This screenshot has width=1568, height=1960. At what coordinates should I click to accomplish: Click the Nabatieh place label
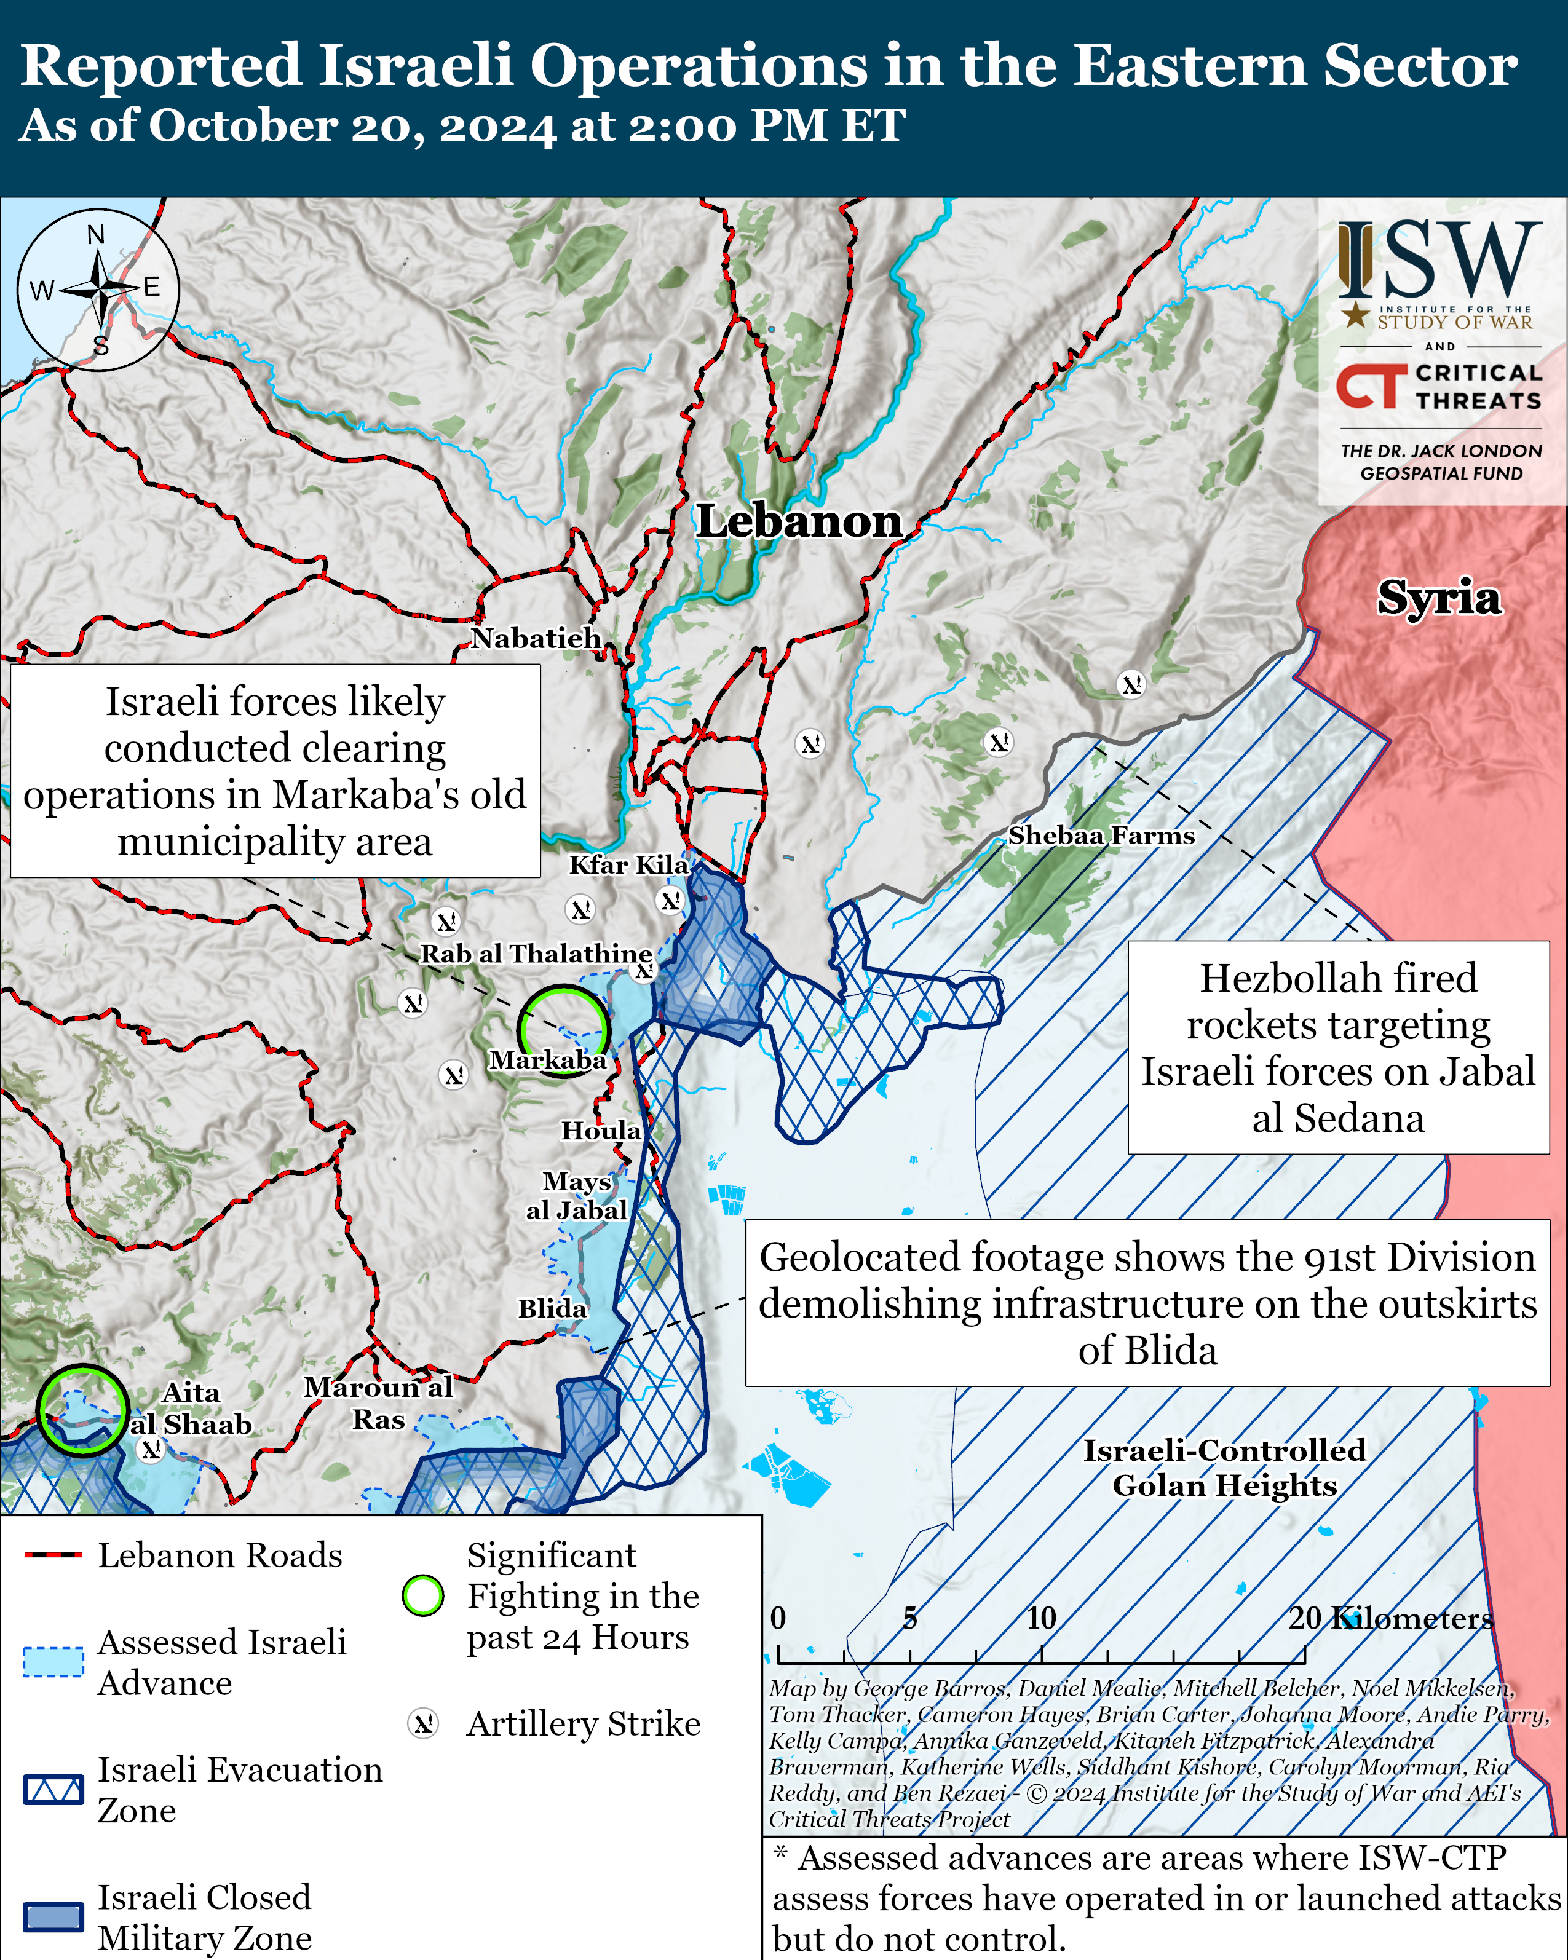pyautogui.click(x=536, y=638)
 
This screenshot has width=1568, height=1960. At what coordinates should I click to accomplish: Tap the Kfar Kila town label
pyautogui.click(x=628, y=864)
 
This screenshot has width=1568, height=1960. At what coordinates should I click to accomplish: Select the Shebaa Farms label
pyautogui.click(x=1101, y=836)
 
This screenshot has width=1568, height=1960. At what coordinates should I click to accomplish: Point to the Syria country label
pyautogui.click(x=1438, y=598)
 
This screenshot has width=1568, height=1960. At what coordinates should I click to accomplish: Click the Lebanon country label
pyautogui.click(x=799, y=522)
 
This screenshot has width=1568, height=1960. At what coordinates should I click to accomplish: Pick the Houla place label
pyautogui.click(x=600, y=1130)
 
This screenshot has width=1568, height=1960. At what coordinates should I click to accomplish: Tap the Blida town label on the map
pyautogui.click(x=552, y=1308)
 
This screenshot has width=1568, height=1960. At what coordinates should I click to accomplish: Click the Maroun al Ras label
pyautogui.click(x=378, y=1403)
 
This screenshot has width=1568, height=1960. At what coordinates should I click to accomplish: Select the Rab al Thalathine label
pyautogui.click(x=536, y=954)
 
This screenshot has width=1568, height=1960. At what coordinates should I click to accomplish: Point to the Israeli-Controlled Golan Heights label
pyautogui.click(x=1224, y=1468)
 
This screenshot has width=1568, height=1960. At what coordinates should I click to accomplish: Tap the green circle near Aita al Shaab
pyautogui.click(x=82, y=1410)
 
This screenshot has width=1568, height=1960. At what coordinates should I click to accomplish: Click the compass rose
pyautogui.click(x=98, y=290)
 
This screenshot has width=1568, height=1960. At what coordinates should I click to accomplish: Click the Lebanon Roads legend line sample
pyautogui.click(x=53, y=1555)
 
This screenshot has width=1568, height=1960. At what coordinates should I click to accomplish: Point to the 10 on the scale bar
pyautogui.click(x=1041, y=1618)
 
